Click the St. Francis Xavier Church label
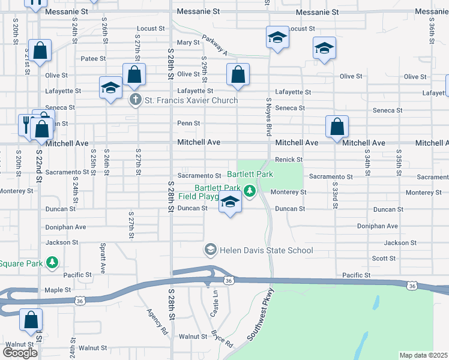click(x=191, y=100)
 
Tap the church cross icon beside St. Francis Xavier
click(x=136, y=100)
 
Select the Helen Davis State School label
click(x=267, y=250)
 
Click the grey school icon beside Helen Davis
click(x=211, y=249)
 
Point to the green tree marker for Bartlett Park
click(x=251, y=192)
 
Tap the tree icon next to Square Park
click(x=53, y=262)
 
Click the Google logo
click(x=20, y=352)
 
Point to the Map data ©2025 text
click(x=424, y=355)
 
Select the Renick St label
click(x=289, y=160)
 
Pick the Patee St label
click(x=93, y=59)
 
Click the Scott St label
click(x=384, y=258)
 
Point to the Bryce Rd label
click(x=221, y=339)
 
